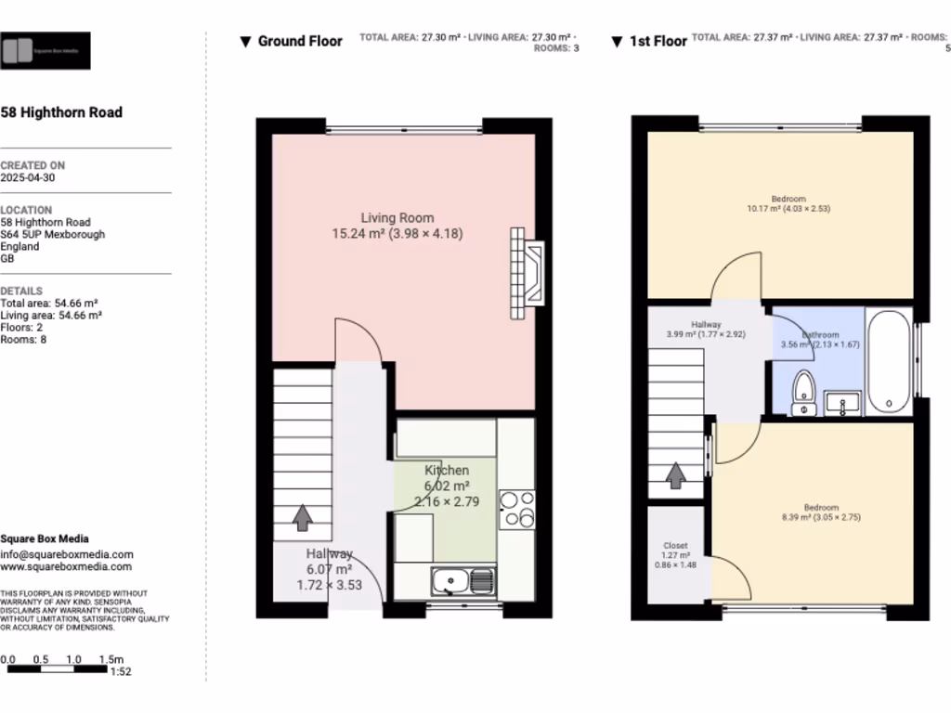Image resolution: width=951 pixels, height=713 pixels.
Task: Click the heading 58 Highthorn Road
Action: click(x=61, y=112)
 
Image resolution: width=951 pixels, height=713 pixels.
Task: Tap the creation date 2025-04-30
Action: click(x=27, y=177)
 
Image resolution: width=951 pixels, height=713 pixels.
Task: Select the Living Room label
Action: click(x=397, y=218)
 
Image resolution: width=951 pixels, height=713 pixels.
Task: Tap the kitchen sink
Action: click(x=462, y=582)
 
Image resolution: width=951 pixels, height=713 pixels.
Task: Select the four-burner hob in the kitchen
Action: click(x=516, y=509)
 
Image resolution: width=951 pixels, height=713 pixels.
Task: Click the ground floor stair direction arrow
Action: click(x=302, y=517)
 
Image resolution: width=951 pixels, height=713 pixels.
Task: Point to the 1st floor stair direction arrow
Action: click(x=676, y=475)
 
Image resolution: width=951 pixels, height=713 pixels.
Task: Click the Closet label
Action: click(x=675, y=546)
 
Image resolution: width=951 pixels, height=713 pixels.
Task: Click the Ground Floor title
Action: click(x=299, y=41)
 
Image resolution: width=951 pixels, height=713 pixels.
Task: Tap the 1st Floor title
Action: click(x=658, y=41)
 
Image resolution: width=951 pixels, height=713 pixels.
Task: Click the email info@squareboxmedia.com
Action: click(x=66, y=554)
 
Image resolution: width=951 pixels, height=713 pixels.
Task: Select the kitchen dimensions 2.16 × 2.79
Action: click(x=447, y=501)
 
